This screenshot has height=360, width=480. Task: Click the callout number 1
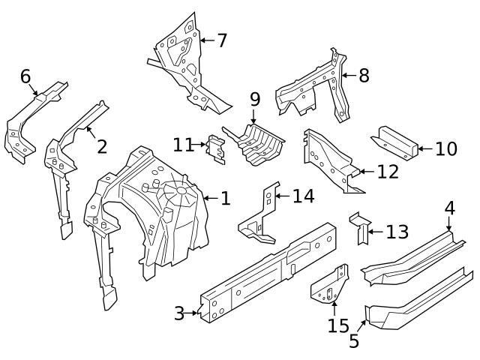pyautogui.click(x=225, y=199)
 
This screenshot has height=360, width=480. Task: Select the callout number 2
pyautogui.click(x=102, y=145)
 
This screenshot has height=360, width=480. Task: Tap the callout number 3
pyautogui.click(x=179, y=313)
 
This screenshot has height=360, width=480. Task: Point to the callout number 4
pyautogui.click(x=449, y=208)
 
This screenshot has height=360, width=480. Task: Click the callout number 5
pyautogui.click(x=354, y=341)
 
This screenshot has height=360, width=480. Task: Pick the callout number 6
pyautogui.click(x=25, y=76)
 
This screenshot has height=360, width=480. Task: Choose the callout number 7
pyautogui.click(x=221, y=40)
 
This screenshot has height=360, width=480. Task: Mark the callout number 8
pyautogui.click(x=364, y=75)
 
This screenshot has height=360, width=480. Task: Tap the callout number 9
pyautogui.click(x=254, y=99)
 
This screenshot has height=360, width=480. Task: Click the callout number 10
pyautogui.click(x=445, y=148)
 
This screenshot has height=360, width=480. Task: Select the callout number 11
pyautogui.click(x=183, y=145)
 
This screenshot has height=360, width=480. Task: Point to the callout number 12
pyautogui.click(x=387, y=172)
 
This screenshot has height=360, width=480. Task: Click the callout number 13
pyautogui.click(x=397, y=232)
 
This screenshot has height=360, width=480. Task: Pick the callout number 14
pyautogui.click(x=303, y=196)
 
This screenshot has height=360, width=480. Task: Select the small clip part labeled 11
pyautogui.click(x=216, y=148)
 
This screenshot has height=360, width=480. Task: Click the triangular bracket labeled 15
pyautogui.click(x=331, y=285)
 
